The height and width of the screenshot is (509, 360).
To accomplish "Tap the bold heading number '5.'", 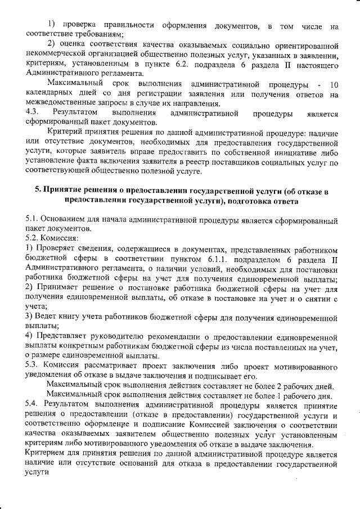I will click(x=39, y=191).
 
